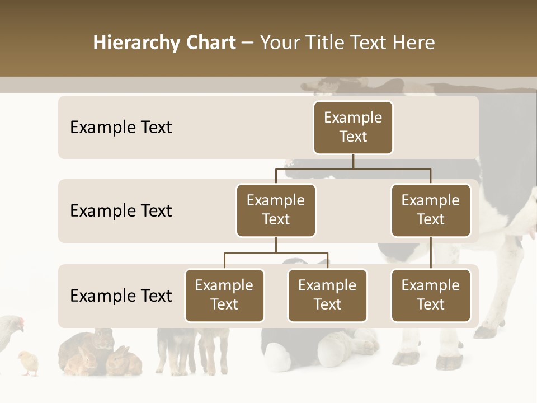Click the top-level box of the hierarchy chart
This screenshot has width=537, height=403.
(353, 127)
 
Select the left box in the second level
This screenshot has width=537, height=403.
(276, 210)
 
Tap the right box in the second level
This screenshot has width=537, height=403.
(431, 210)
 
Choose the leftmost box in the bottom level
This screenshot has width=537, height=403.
(224, 295)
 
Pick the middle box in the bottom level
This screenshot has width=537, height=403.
(327, 295)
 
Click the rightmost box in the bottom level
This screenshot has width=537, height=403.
(431, 295)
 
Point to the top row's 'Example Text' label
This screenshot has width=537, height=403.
(121, 127)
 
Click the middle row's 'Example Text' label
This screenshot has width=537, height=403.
(121, 210)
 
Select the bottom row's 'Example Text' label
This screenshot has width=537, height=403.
(121, 296)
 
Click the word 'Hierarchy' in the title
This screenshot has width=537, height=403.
(136, 43)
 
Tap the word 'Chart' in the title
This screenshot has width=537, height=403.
(210, 43)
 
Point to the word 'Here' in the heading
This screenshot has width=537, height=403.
(413, 43)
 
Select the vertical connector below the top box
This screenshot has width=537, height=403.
(353, 161)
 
